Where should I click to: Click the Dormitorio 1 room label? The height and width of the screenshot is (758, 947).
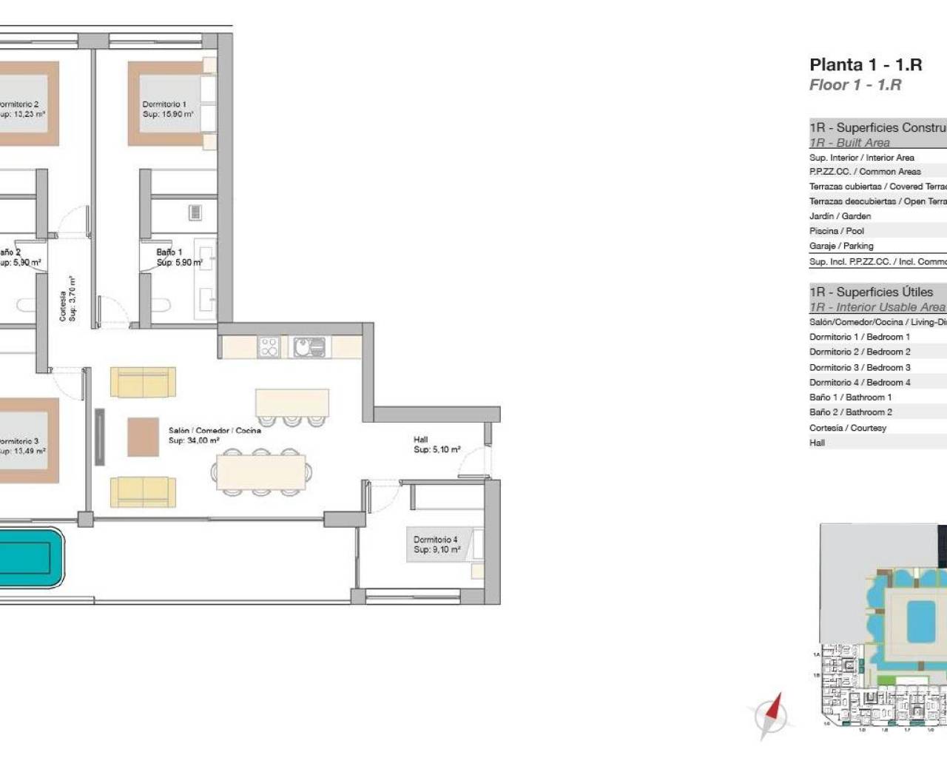click(x=168, y=110)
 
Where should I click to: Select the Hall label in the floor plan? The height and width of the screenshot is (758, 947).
click(x=437, y=444)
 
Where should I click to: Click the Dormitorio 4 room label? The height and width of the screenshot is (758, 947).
click(x=437, y=545)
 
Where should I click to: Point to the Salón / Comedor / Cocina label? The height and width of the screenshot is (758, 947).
click(x=214, y=435)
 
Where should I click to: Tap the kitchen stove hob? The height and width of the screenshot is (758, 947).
click(x=269, y=346)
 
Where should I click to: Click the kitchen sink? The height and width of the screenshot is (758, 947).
click(x=309, y=346)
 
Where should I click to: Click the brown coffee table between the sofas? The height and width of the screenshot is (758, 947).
click(x=143, y=437)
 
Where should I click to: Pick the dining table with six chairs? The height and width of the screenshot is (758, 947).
click(x=260, y=471)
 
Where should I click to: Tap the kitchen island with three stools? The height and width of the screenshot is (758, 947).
click(x=291, y=403)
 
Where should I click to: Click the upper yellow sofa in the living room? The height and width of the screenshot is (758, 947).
click(x=143, y=382)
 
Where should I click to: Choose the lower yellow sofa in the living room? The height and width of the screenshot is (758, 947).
click(x=143, y=492)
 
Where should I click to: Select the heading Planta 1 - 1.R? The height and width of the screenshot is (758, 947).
click(x=865, y=64)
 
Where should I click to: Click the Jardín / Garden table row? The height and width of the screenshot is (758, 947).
click(x=840, y=216)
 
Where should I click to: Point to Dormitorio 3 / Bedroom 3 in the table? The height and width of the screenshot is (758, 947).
click(x=860, y=367)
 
